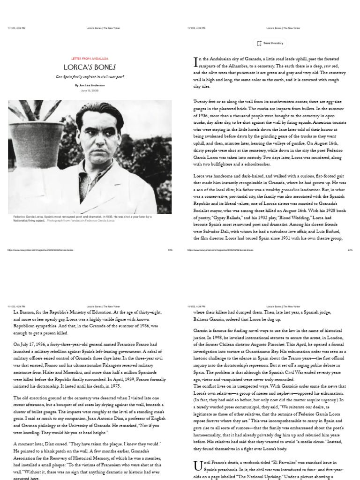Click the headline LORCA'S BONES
pos(90,67)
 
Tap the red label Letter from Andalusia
pos(90,59)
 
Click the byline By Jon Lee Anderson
pos(90,85)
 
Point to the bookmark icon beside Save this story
pos(259,43)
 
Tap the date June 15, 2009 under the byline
pos(90,90)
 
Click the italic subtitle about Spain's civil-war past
pos(90,76)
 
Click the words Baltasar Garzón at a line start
pos(207,319)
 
